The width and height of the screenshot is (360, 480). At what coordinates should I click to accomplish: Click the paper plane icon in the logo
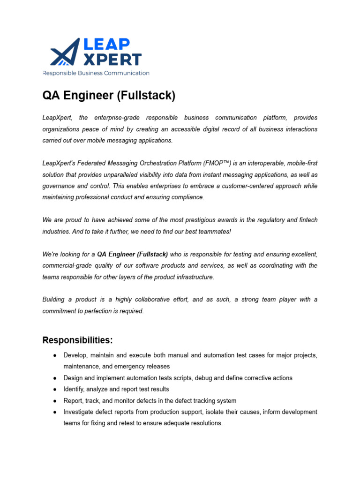pos(65,52)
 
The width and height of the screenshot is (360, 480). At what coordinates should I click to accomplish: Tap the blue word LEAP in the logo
pos(107,45)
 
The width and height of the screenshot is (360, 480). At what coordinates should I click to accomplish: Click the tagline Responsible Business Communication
pos(96,73)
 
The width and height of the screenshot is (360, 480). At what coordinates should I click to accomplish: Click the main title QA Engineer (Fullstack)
pos(109,96)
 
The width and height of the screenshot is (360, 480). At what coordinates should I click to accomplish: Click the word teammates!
pos(214,232)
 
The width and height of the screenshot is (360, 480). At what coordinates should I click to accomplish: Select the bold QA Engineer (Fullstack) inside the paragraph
pos(132,254)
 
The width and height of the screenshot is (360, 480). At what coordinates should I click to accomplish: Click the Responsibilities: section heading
pos(77,340)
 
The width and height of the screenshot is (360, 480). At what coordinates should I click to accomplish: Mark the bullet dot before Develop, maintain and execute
pos(55,355)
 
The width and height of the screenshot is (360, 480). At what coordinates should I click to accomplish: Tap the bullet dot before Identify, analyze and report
pos(55,389)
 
